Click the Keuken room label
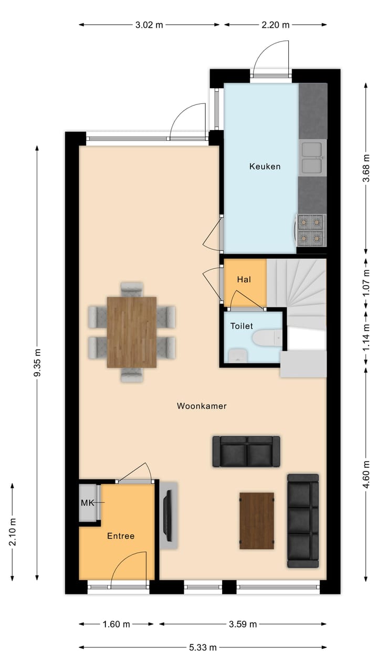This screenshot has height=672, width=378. [265, 166]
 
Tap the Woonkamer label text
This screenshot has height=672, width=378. [202, 406]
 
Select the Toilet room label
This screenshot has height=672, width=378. [241, 326]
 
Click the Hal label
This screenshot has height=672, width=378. [244, 280]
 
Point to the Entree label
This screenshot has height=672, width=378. [121, 536]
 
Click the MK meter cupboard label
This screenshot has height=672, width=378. [87, 503]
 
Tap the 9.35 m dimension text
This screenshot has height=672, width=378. [37, 363]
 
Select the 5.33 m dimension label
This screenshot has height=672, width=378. [203, 647]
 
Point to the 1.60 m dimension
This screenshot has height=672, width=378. [116, 624]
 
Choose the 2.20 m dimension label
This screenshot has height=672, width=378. [275, 24]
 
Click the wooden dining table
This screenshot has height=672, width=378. [132, 332]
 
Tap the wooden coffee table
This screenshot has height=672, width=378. [257, 520]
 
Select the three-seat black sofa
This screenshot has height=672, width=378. [303, 521]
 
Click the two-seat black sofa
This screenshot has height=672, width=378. [246, 451]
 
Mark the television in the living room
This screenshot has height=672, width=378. [168, 516]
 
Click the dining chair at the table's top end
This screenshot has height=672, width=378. [132, 289]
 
